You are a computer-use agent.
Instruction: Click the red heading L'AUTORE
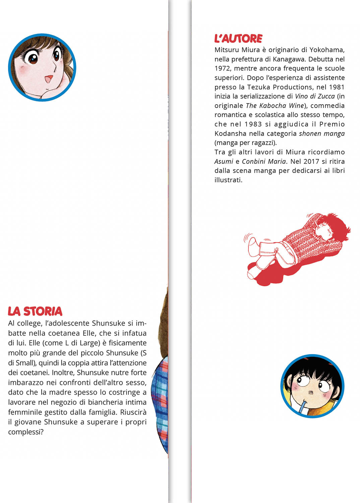coord(238,39)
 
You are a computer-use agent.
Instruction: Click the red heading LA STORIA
coord(35,311)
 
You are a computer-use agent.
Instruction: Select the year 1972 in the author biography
coord(222,68)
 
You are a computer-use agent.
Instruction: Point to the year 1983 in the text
coord(253,124)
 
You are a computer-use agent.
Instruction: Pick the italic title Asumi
coord(224,161)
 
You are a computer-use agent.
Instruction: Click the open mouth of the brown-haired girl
coord(49,79)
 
